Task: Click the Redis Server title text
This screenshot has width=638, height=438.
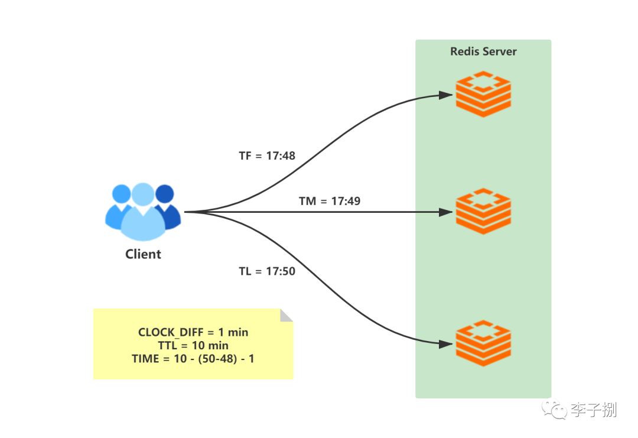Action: (483, 51)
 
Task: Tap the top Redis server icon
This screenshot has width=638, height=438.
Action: (483, 94)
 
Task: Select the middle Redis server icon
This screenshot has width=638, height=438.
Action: (483, 211)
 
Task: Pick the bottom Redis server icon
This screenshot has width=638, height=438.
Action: (483, 343)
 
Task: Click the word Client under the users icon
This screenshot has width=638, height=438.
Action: (143, 254)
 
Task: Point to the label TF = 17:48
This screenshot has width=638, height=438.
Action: (267, 155)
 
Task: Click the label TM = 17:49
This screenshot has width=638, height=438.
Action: (330, 201)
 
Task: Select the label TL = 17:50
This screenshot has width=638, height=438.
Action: (267, 271)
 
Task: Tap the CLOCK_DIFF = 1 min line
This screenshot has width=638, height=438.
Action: (193, 332)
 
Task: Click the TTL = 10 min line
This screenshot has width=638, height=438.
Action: (193, 345)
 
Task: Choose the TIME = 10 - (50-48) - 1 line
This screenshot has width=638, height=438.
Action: (193, 359)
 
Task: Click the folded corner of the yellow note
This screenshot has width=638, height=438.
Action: (287, 316)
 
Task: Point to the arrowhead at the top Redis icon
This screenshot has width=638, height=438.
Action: (447, 95)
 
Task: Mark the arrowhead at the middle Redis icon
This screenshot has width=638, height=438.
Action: (447, 212)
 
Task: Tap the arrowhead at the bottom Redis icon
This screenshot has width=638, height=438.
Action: (447, 345)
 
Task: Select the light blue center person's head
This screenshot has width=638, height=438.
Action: (143, 194)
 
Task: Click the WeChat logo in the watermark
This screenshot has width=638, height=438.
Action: (554, 409)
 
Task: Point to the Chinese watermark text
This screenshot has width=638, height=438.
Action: (594, 410)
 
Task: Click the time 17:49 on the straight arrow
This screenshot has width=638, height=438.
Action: (346, 201)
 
